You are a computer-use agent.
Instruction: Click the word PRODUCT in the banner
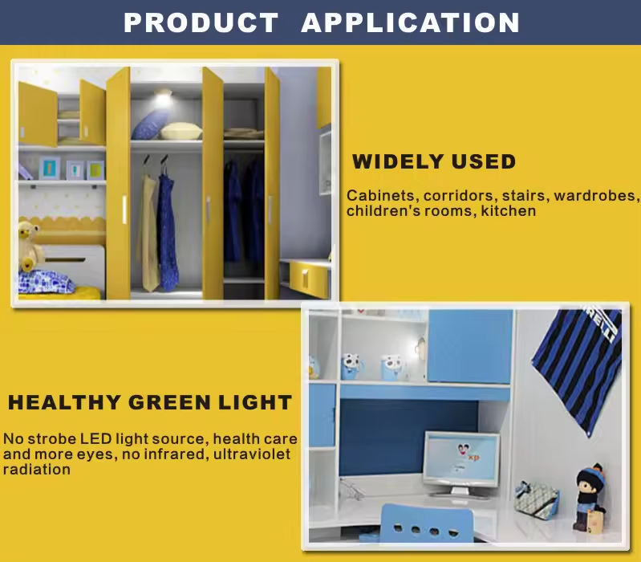(201, 22)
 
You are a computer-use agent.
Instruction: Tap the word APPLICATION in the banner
(410, 22)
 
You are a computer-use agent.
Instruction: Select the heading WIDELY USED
(434, 161)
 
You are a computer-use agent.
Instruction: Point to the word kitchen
(508, 211)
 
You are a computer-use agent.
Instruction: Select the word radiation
(37, 470)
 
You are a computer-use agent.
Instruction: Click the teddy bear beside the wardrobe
(30, 246)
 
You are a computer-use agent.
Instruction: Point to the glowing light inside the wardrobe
(163, 97)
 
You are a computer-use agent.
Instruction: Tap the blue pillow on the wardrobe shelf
(150, 124)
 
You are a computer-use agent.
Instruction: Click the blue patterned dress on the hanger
(168, 232)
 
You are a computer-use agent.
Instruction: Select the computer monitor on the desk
(461, 463)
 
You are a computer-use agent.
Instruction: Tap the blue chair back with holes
(427, 523)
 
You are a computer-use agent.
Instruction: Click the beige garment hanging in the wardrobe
(148, 233)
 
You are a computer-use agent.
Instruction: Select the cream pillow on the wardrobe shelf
(181, 132)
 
